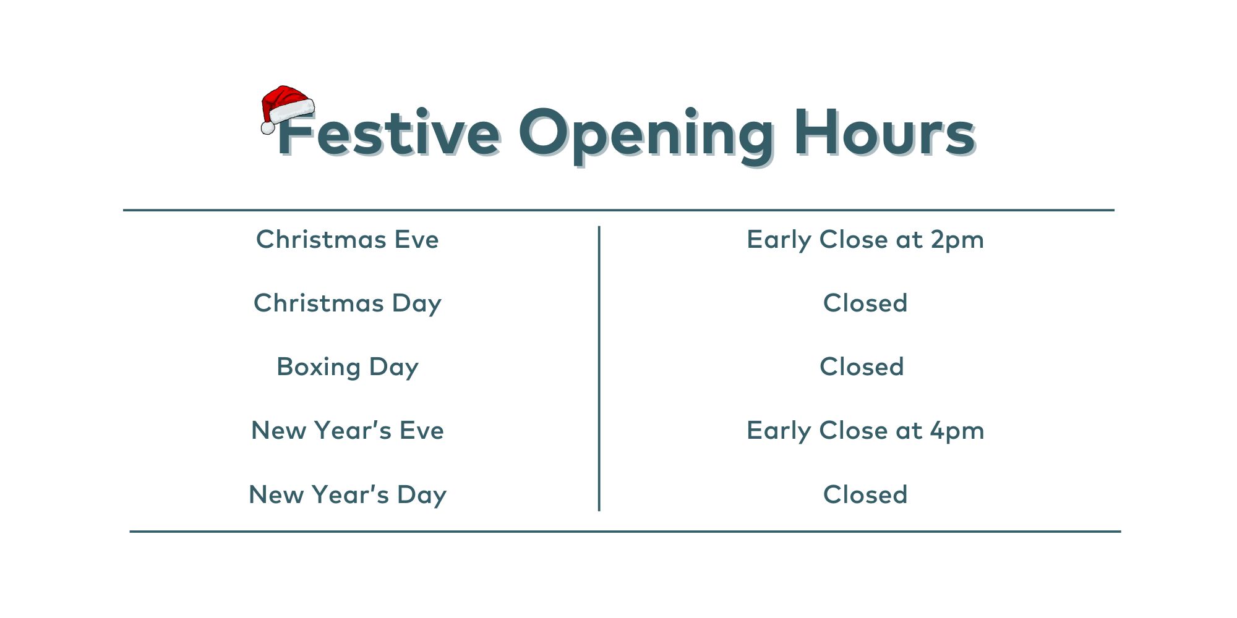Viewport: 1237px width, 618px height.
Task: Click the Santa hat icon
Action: pyautogui.click(x=287, y=108)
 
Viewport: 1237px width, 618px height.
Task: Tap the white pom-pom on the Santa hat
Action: pyautogui.click(x=268, y=127)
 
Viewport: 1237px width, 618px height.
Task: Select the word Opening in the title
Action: pyautogui.click(x=646, y=136)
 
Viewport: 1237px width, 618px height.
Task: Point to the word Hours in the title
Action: pyautogui.click(x=885, y=132)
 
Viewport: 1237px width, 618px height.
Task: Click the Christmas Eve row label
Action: pyautogui.click(x=348, y=240)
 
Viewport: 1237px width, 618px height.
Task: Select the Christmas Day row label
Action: pyautogui.click(x=348, y=304)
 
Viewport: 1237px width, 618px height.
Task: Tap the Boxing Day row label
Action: pyautogui.click(x=348, y=368)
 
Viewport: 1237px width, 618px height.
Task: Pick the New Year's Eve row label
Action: pyautogui.click(x=348, y=431)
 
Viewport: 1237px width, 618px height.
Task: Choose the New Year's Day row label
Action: pyautogui.click(x=348, y=495)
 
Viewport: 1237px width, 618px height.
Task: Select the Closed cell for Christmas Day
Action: pyautogui.click(x=865, y=303)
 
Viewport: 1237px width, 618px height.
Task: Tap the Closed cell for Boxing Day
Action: pyautogui.click(x=862, y=367)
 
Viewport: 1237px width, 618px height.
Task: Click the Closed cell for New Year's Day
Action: pyautogui.click(x=865, y=495)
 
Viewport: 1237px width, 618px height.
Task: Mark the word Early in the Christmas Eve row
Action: pyautogui.click(x=779, y=241)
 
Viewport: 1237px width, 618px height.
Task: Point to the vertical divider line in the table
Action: pyautogui.click(x=599, y=368)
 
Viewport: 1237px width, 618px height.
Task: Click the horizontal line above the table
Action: pyautogui.click(x=618, y=210)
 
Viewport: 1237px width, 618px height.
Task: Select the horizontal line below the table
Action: pyautogui.click(x=625, y=531)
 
